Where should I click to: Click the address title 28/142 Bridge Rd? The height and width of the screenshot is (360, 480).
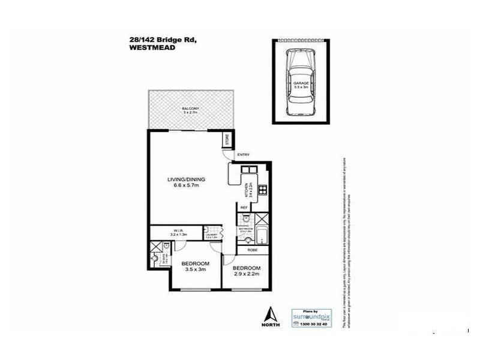[162, 40]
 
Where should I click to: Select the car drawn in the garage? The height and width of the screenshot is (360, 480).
[301, 82]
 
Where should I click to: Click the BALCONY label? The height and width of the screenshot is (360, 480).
[190, 109]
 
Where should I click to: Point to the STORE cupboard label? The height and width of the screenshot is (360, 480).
[227, 141]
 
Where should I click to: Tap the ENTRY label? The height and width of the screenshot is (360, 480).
[243, 155]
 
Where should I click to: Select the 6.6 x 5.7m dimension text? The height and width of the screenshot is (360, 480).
[186, 187]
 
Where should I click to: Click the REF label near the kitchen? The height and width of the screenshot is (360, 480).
[244, 208]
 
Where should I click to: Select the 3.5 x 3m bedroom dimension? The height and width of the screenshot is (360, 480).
[196, 271]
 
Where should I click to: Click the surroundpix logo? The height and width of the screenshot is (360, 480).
[311, 314]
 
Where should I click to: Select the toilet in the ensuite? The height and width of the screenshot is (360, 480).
[157, 259]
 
